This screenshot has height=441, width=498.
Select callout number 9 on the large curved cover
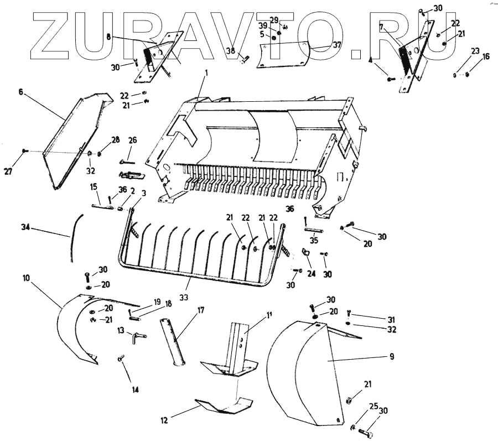(391, 357)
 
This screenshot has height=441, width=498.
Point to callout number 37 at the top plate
(321, 45)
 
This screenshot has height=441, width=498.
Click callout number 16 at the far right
(486, 56)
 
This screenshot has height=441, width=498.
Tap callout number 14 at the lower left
(135, 389)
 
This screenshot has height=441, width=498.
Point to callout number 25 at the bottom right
(373, 407)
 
